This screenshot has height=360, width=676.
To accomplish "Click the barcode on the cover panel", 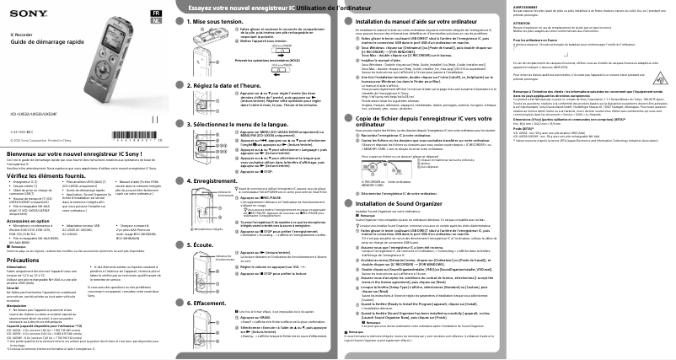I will [106, 135].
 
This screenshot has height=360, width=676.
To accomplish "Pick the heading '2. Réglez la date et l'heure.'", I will [229, 110].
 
